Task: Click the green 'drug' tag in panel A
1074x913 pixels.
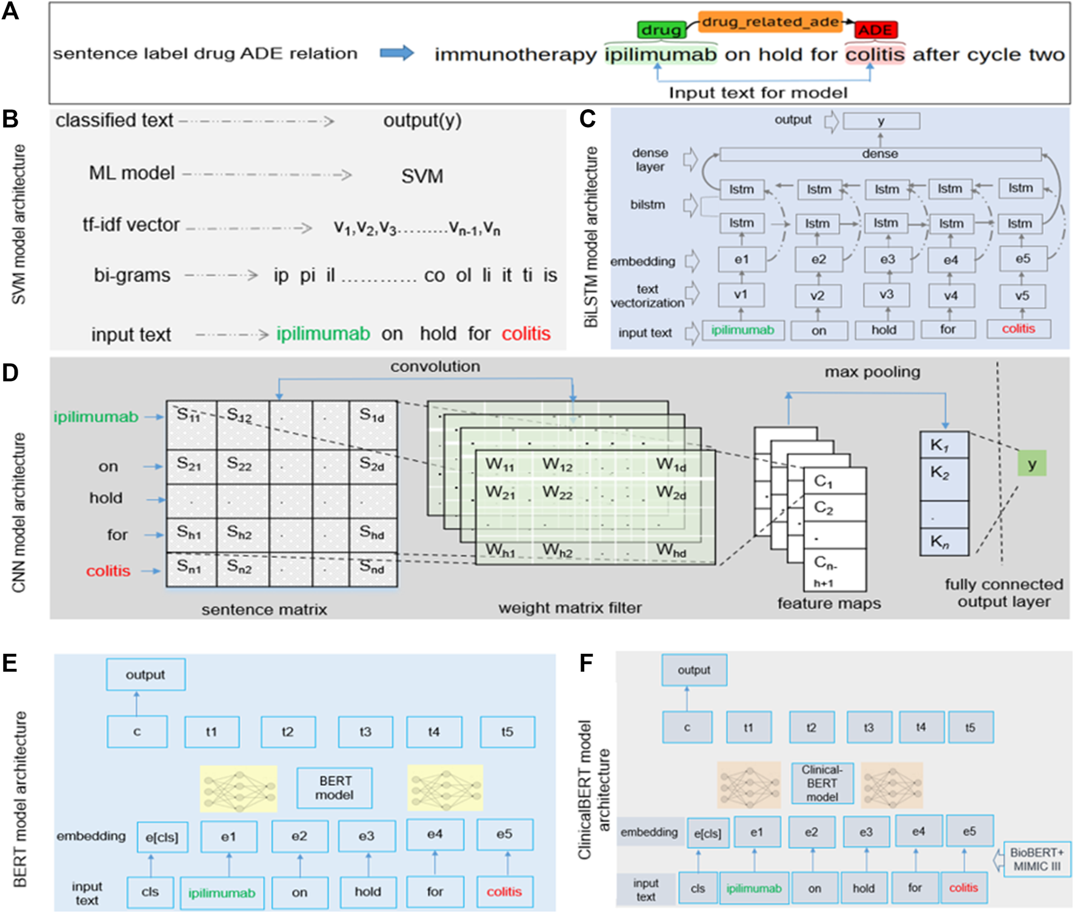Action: [x=661, y=30]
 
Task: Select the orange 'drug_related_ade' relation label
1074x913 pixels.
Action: [x=770, y=22]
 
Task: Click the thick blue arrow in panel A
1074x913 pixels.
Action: [x=396, y=53]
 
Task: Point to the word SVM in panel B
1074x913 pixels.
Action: [x=422, y=176]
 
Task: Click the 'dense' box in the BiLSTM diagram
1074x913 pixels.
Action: [x=880, y=154]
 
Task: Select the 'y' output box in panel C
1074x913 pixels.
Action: [x=881, y=121]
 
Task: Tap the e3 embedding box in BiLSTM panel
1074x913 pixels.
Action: [x=887, y=259]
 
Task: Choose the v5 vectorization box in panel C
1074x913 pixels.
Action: [x=1022, y=296]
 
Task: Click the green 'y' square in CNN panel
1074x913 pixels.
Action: [x=1032, y=464]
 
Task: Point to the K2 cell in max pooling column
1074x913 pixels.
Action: [x=944, y=473]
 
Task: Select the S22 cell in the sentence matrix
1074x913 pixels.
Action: [x=240, y=465]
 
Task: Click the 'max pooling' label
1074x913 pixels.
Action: [x=872, y=372]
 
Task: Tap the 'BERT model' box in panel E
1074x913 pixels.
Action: [x=334, y=788]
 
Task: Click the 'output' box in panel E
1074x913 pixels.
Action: [x=145, y=674]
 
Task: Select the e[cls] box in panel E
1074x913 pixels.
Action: [x=162, y=837]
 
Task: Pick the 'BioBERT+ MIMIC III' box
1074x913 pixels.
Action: [x=1036, y=859]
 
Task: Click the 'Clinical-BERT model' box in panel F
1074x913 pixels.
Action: [x=822, y=783]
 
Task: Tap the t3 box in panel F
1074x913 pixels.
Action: [x=869, y=728]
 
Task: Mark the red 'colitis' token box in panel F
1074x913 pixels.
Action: [x=963, y=888]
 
